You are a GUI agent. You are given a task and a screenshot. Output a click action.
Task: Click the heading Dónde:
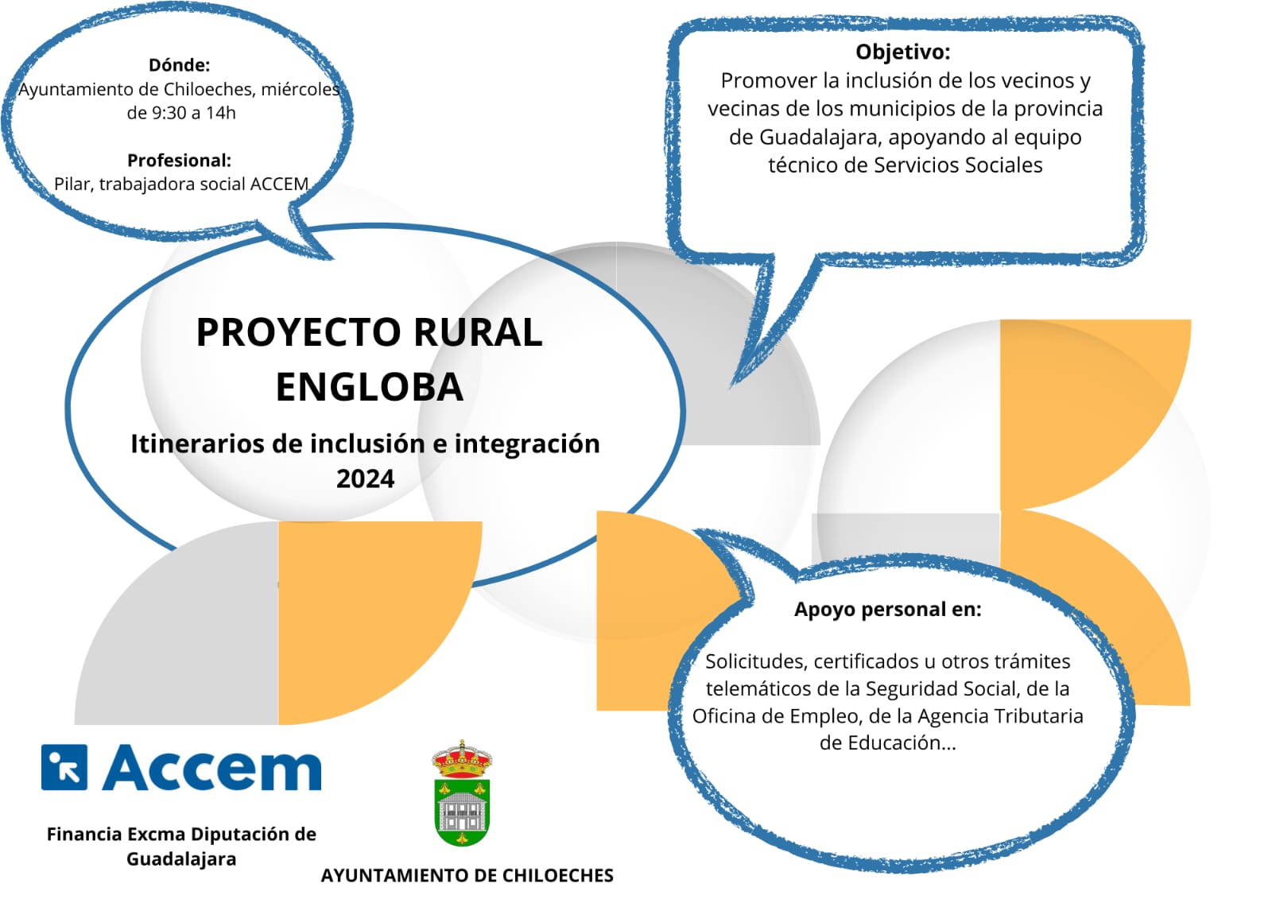click(180, 65)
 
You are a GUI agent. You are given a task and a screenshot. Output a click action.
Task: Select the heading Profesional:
click(180, 161)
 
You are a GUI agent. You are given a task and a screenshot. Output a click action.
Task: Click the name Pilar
click(74, 184)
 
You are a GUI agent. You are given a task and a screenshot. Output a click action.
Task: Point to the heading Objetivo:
click(903, 52)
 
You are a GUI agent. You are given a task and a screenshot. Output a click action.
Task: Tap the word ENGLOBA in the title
click(370, 387)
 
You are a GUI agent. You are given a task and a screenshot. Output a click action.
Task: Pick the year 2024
click(365, 479)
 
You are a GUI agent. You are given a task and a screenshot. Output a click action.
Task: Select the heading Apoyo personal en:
click(887, 610)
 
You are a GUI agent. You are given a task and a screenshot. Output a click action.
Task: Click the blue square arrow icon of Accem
click(64, 767)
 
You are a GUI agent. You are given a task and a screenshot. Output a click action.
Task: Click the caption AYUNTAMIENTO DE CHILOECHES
click(467, 876)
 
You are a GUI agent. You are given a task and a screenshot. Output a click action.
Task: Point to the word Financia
click(84, 835)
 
